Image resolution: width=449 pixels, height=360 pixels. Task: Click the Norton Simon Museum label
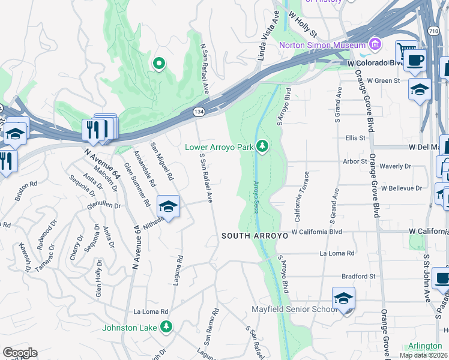pyautogui.click(x=322, y=45)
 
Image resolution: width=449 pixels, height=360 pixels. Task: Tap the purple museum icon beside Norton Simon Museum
pyautogui.click(x=376, y=44)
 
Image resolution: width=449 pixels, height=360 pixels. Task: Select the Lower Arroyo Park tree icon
pyautogui.click(x=262, y=146)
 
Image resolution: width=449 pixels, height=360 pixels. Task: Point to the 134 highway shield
pyautogui.click(x=197, y=112)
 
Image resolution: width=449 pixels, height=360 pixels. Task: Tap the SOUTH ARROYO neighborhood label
pyautogui.click(x=255, y=236)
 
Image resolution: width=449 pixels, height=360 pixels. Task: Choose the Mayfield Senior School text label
pyautogui.click(x=294, y=310)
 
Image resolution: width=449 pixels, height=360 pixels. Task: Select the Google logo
pyautogui.click(x=20, y=353)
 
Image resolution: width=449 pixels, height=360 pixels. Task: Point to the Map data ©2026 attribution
pyautogui.click(x=424, y=355)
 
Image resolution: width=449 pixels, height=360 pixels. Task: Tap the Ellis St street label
pyautogui.click(x=355, y=138)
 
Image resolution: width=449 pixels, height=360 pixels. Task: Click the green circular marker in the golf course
pyautogui.click(x=159, y=63)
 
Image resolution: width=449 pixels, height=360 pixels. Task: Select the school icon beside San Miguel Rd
pyautogui.click(x=169, y=207)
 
